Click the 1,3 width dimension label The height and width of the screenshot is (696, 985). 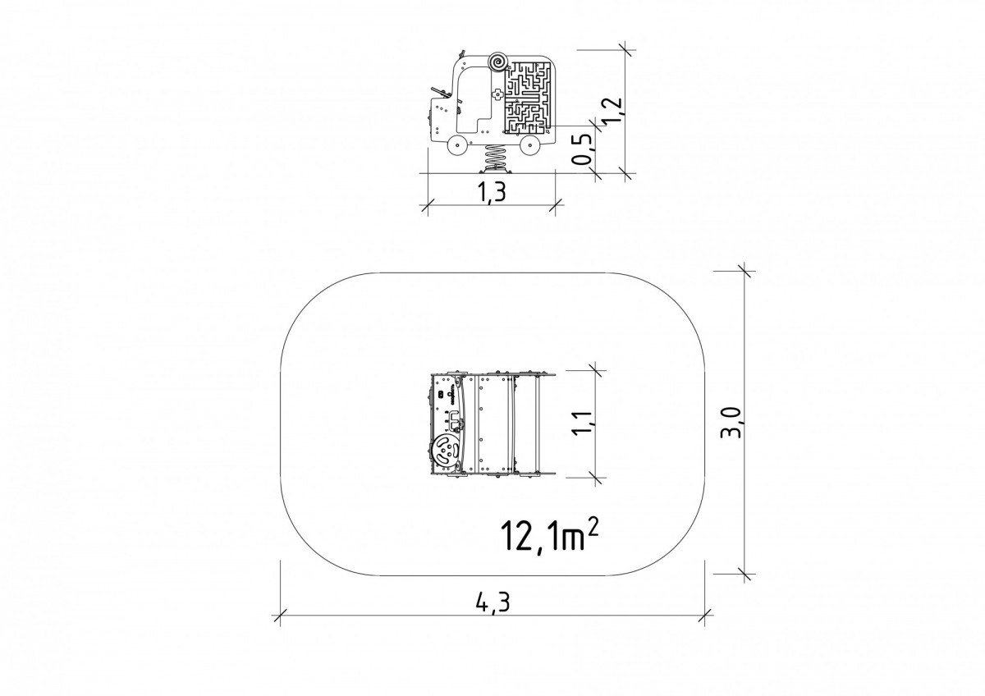(x=490, y=192)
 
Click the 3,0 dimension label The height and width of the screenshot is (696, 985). (x=731, y=423)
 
